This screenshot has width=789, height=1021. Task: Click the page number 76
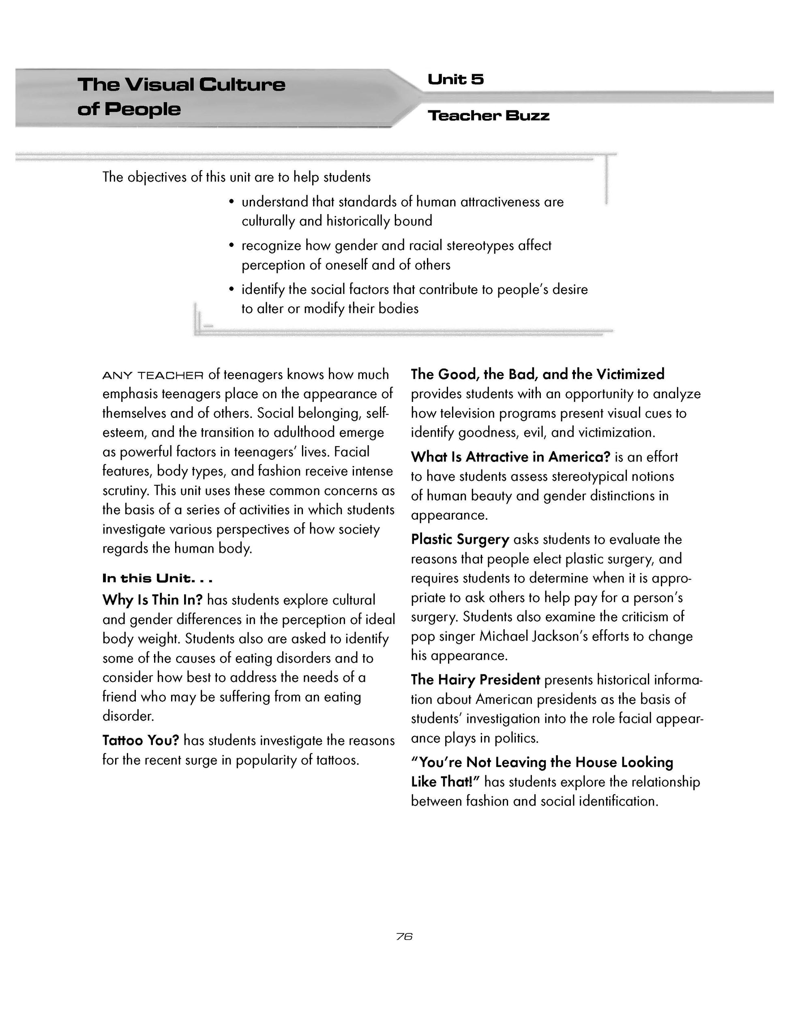tap(404, 936)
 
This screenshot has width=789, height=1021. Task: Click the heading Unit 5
tap(456, 79)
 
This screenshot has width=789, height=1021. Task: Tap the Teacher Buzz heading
tap(489, 116)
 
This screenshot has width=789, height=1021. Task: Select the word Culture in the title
tap(242, 85)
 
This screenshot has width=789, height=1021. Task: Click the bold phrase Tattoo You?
tap(141, 740)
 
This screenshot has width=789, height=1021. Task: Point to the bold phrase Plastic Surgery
tap(460, 539)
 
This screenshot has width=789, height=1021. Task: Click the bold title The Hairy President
tap(475, 680)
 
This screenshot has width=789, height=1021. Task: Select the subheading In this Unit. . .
tap(157, 579)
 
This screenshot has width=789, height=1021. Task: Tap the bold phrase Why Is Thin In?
tap(152, 600)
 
